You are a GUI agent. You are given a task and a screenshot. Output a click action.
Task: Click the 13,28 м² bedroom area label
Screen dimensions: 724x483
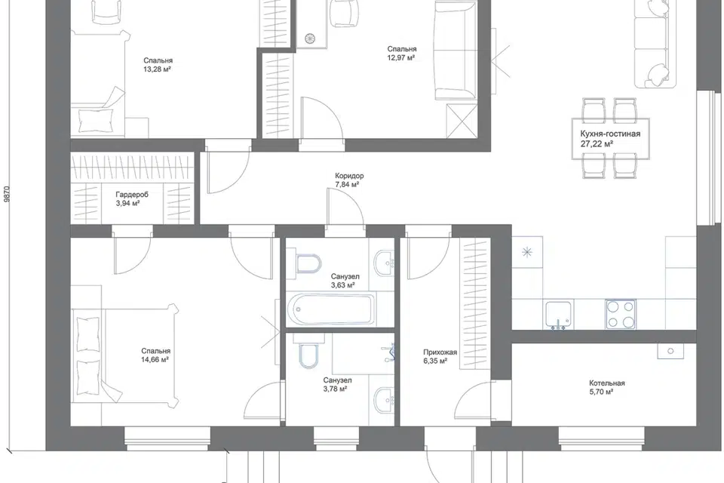pyautogui.click(x=158, y=65)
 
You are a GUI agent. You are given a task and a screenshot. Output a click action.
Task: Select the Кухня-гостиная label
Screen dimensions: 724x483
pyautogui.click(x=610, y=134)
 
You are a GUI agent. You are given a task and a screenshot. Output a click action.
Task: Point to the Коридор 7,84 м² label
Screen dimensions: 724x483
pyautogui.click(x=349, y=180)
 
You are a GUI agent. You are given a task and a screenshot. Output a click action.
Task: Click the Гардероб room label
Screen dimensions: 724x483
pyautogui.click(x=132, y=195)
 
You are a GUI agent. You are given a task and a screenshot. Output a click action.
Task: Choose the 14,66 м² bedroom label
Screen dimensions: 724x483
pyautogui.click(x=155, y=356)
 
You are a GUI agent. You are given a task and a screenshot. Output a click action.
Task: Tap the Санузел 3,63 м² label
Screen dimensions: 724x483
pyautogui.click(x=345, y=281)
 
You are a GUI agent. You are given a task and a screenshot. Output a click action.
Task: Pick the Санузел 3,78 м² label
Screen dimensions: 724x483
pyautogui.click(x=338, y=385)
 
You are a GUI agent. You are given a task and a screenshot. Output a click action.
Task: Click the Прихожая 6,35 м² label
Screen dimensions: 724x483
pyautogui.click(x=440, y=356)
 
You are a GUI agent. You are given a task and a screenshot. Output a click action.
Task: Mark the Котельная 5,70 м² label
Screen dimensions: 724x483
pyautogui.click(x=606, y=387)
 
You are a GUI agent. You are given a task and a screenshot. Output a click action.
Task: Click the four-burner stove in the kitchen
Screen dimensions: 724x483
pyautogui.click(x=621, y=314)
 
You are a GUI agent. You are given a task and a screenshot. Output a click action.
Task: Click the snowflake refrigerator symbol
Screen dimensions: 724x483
pyautogui.click(x=527, y=252)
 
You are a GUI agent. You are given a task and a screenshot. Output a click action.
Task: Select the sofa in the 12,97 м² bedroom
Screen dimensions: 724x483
pyautogui.click(x=456, y=50)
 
